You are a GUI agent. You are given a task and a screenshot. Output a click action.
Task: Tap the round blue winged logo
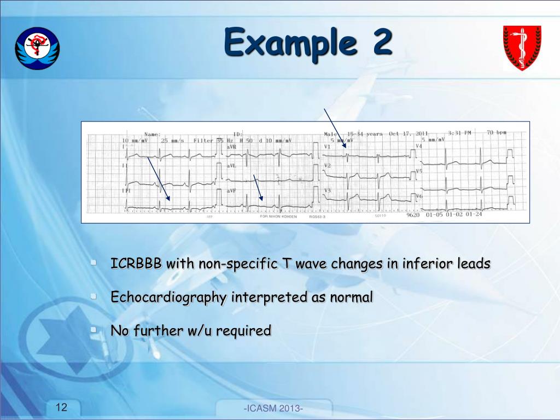point(38,48)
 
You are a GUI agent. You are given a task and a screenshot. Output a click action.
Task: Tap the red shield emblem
point(522,48)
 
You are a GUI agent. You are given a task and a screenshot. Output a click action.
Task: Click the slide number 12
point(62,407)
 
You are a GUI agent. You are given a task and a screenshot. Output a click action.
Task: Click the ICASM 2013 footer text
point(273,410)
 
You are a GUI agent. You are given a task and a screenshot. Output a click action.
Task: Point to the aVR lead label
point(231,147)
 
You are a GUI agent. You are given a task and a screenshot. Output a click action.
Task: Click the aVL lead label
point(231,165)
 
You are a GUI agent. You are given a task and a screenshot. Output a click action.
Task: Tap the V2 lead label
point(328,165)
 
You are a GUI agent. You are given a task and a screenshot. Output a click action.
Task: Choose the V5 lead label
point(419,171)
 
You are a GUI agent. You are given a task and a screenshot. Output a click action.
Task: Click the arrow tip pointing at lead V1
point(346,147)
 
